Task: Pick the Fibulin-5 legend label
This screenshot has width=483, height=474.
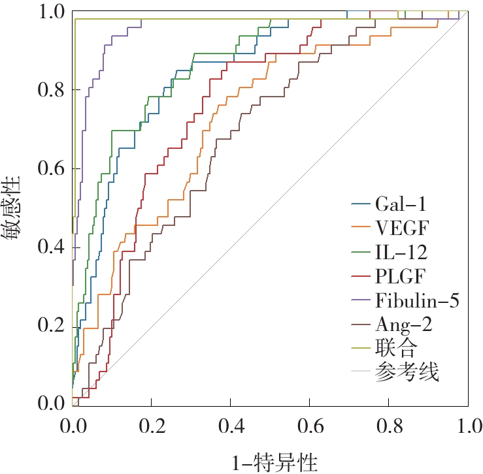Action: (418, 300)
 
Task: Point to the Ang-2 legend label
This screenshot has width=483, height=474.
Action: (404, 324)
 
